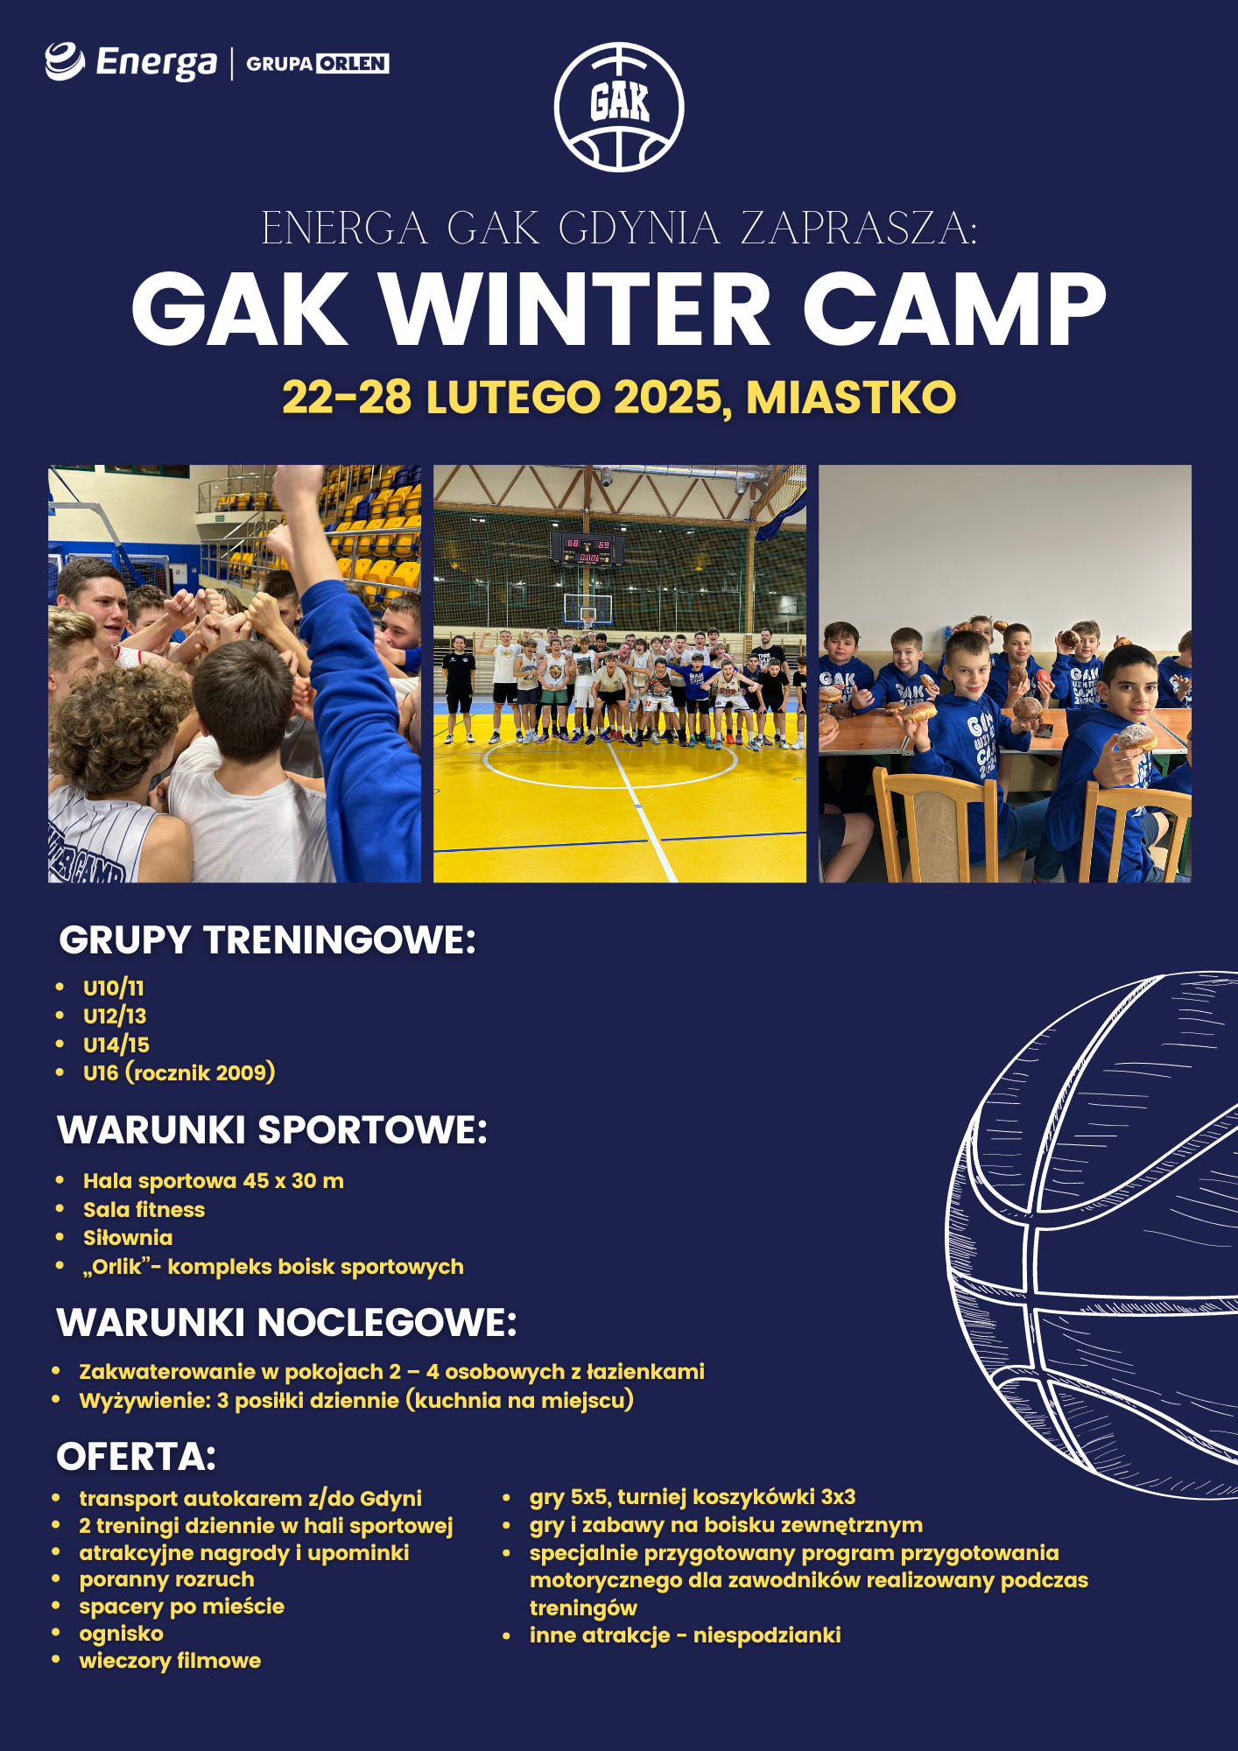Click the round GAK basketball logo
tap(619, 107)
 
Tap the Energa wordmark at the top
tap(156, 63)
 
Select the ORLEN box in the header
tap(352, 64)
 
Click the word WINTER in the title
tap(574, 309)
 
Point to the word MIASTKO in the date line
tap(851, 397)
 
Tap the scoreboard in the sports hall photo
tap(587, 550)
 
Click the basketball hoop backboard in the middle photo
tap(587, 608)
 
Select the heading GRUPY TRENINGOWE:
tap(267, 940)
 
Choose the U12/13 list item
tap(115, 1016)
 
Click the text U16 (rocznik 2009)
tap(179, 1072)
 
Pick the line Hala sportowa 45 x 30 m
tap(214, 1181)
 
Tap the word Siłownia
tap(128, 1238)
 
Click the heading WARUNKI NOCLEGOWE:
tap(287, 1322)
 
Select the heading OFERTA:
tap(137, 1457)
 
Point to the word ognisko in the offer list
tap(122, 1634)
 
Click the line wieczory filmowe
tap(171, 1661)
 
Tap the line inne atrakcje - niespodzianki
tap(686, 1635)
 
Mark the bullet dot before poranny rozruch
tap(56, 1579)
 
